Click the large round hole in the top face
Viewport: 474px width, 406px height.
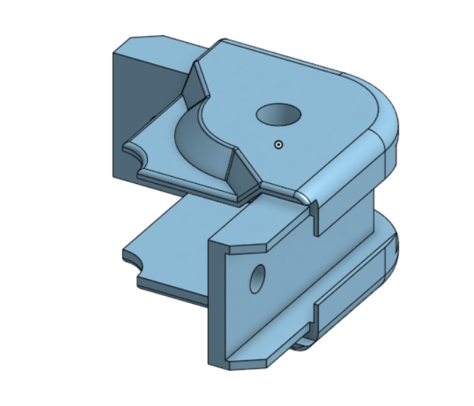[279, 113]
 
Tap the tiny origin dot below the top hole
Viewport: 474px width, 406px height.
[279, 144]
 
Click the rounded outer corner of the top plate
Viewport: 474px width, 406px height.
[384, 116]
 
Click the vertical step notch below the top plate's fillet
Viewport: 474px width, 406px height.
[315, 216]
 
